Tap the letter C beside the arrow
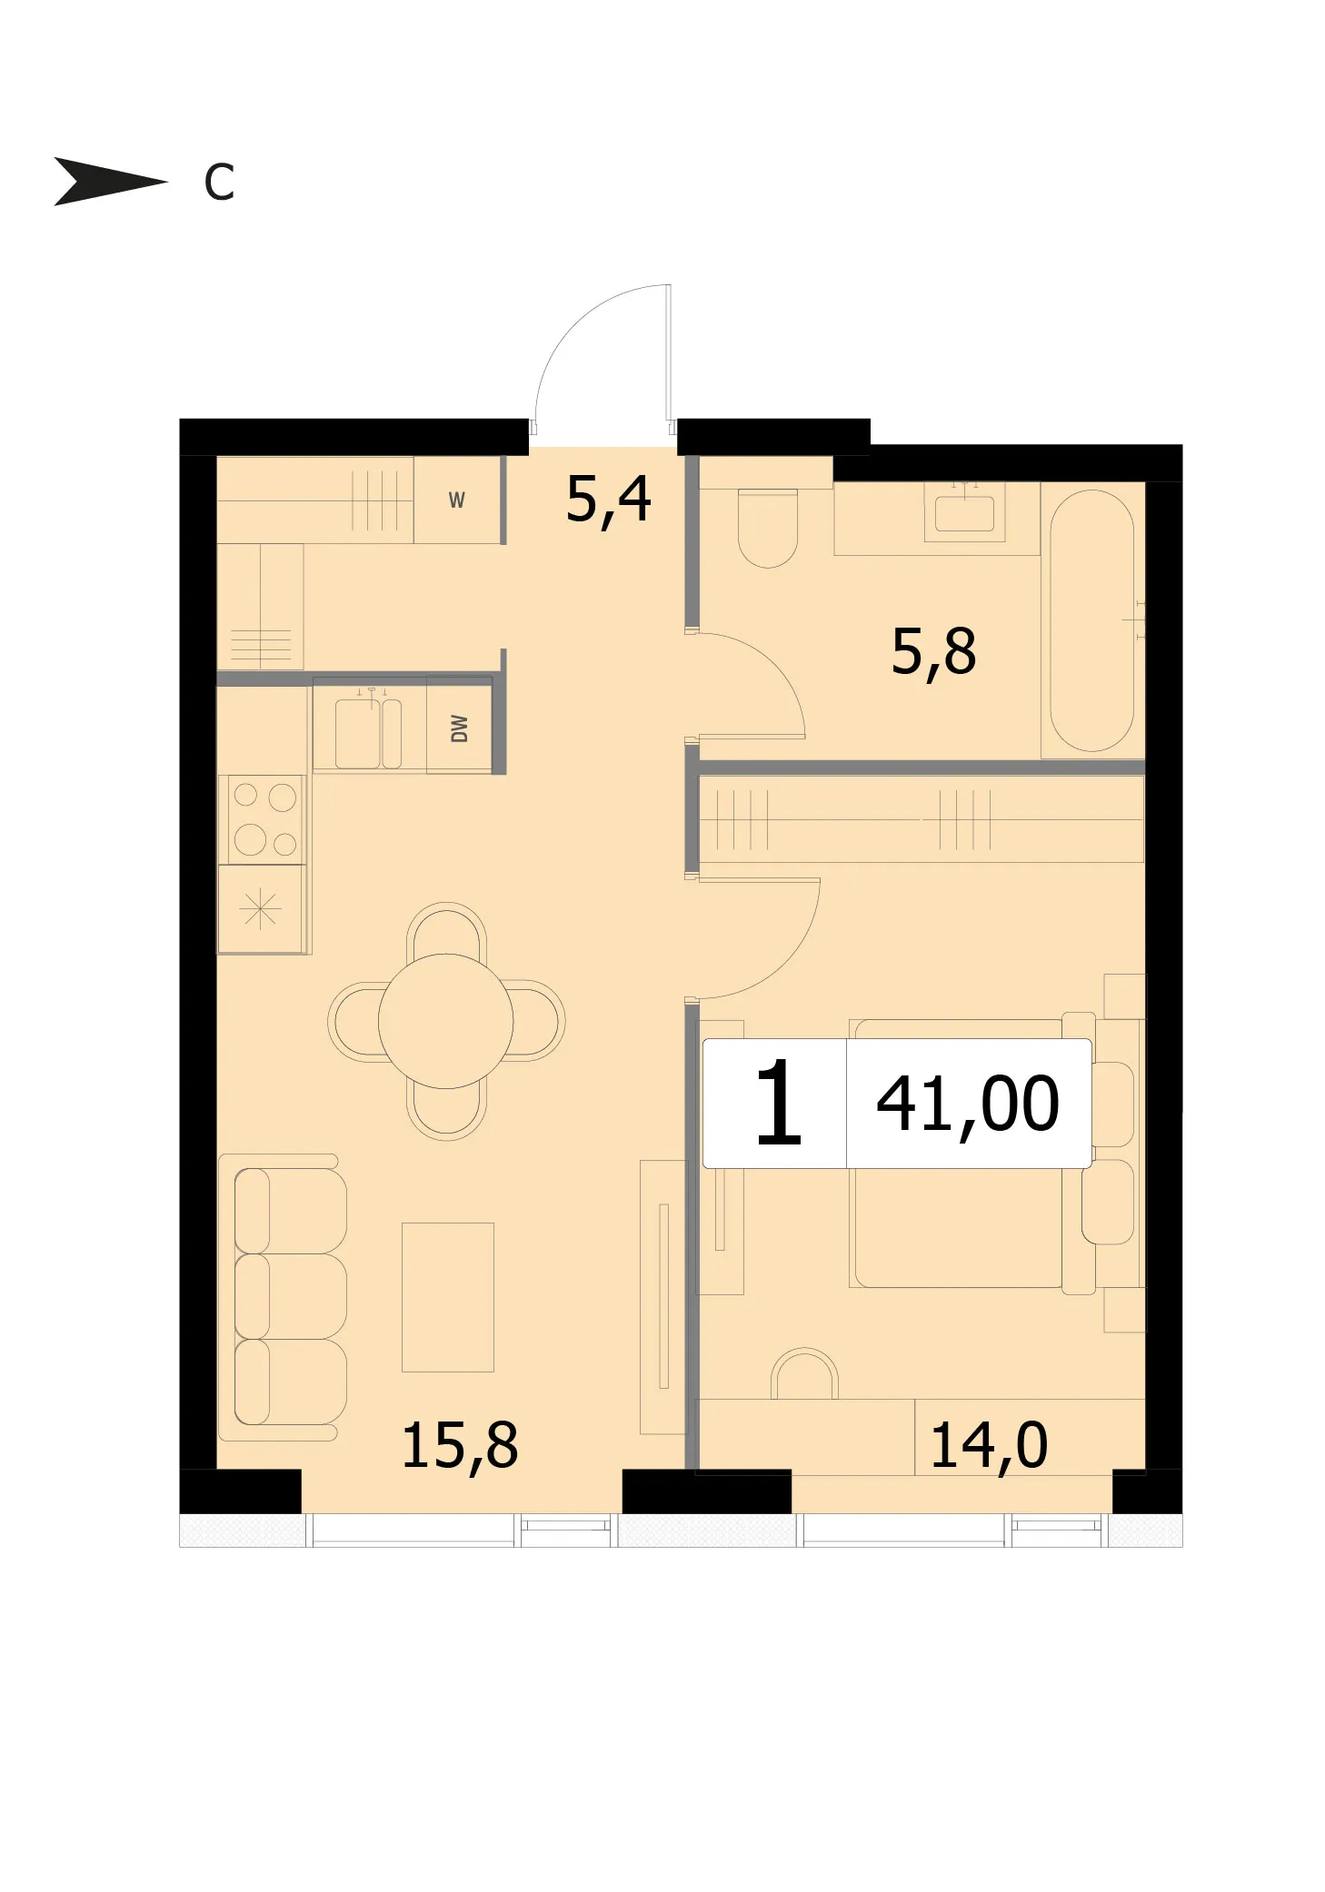[219, 183]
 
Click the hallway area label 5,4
[608, 500]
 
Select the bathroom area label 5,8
[933, 652]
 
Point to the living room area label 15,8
[459, 1446]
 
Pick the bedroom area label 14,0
[989, 1446]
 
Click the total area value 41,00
[967, 1104]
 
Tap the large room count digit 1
[778, 1103]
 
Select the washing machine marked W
[457, 500]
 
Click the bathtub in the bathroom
[1091, 620]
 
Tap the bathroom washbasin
[964, 511]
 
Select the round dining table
[445, 1021]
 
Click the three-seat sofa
[282, 1297]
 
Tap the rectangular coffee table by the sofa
[448, 1297]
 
